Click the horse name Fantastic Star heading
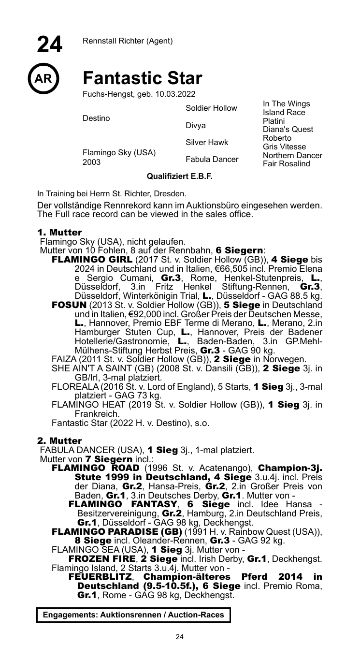point(142,78)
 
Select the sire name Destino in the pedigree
point(96,118)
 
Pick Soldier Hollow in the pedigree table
point(211,108)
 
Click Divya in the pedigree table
point(195,126)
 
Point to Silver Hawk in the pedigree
point(207,143)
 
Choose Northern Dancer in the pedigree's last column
point(292,156)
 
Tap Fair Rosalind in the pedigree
point(286,163)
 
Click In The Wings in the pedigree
point(286,104)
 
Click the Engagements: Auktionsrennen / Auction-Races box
point(133,615)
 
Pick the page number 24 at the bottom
point(180,637)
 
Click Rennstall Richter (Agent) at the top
point(127,41)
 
